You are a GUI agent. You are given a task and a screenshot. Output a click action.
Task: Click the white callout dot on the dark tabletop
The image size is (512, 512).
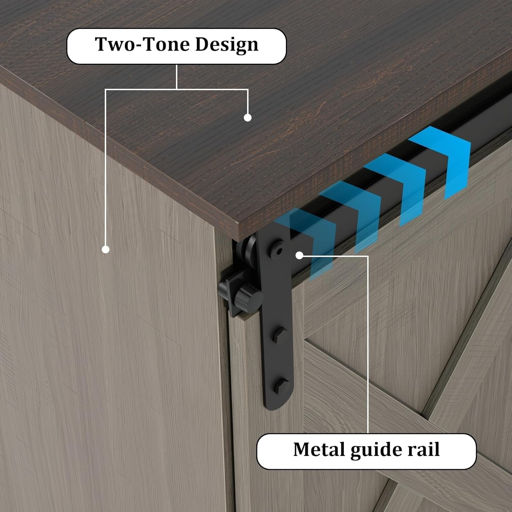click(248, 117)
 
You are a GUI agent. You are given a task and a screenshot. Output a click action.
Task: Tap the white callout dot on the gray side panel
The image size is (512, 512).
click(106, 250)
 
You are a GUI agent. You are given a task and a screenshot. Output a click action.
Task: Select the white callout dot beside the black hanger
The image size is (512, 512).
click(299, 255)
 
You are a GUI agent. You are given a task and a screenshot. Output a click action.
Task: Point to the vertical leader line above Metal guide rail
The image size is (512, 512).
click(368, 345)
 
